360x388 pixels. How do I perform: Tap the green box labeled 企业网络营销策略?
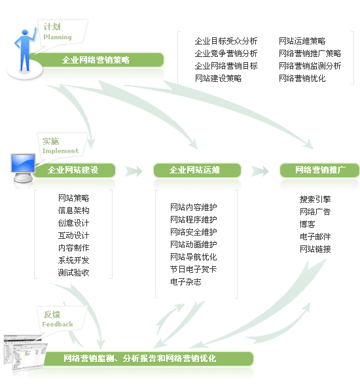click(x=97, y=60)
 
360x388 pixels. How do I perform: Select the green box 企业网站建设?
click(x=74, y=170)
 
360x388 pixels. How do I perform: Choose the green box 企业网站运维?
click(x=197, y=170)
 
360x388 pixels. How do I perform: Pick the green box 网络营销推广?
click(x=319, y=170)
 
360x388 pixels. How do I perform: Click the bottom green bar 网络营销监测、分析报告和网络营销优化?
click(x=148, y=359)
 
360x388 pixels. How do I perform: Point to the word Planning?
click(x=58, y=37)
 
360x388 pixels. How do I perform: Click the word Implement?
click(x=60, y=151)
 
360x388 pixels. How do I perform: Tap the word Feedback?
click(x=58, y=324)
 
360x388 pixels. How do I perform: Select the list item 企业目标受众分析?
click(x=226, y=41)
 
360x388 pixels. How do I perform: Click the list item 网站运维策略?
click(x=302, y=41)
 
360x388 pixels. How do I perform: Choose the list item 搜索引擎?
click(x=315, y=199)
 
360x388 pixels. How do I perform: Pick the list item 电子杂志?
click(x=186, y=282)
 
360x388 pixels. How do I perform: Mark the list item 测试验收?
click(x=73, y=272)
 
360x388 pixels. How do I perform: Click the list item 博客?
click(x=307, y=224)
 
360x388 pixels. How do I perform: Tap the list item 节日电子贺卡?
click(x=193, y=269)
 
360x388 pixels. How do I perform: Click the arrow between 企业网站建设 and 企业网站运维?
click(x=134, y=171)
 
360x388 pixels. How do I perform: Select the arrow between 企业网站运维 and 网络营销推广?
click(x=260, y=171)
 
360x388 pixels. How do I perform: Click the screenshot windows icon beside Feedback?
click(x=25, y=353)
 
